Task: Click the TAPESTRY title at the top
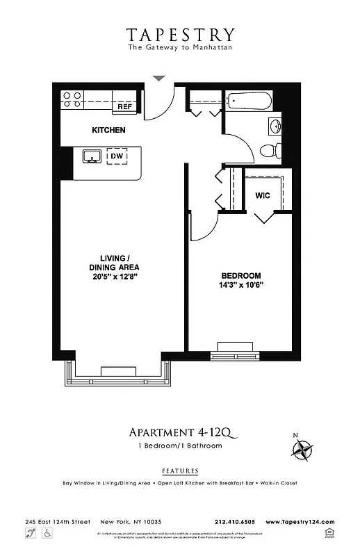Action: (x=180, y=34)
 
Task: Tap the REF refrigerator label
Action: (x=124, y=107)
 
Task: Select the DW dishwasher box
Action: (x=117, y=157)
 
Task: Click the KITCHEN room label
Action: (x=108, y=130)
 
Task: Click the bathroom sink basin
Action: (x=275, y=126)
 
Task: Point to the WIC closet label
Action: (x=263, y=196)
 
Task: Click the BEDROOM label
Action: (x=241, y=275)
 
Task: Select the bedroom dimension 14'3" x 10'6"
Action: (x=241, y=285)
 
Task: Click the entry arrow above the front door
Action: (x=159, y=78)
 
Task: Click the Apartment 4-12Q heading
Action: (x=179, y=434)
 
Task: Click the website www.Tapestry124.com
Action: (x=300, y=522)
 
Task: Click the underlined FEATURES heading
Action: (x=179, y=471)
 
